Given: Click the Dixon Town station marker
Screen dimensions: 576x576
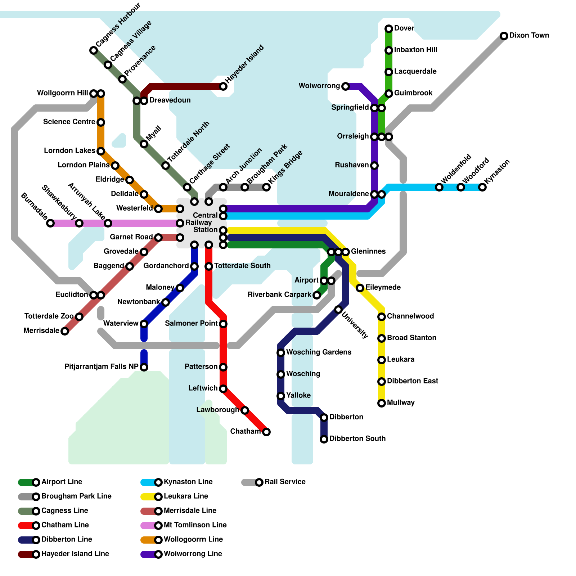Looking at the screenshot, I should [x=504, y=36].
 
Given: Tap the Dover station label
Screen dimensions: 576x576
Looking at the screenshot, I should [x=404, y=28].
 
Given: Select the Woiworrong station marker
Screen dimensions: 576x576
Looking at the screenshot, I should [x=346, y=86].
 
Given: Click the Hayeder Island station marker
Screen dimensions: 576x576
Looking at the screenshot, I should [x=223, y=86].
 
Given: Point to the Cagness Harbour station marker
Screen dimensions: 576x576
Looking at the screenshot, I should [x=94, y=50].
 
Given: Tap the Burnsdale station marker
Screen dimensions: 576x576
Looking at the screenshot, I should [x=50, y=223].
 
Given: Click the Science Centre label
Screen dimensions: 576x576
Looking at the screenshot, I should [x=69, y=122].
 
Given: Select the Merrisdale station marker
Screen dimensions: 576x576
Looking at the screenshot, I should [x=65, y=331].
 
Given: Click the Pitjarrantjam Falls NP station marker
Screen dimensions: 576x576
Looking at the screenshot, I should [x=144, y=367].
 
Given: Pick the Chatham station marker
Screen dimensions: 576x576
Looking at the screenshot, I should [x=266, y=432].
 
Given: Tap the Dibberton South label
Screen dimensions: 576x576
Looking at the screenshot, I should [x=357, y=439].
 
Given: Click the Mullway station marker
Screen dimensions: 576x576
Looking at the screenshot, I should [x=382, y=403].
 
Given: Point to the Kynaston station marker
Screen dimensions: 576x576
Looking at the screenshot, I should [x=482, y=187].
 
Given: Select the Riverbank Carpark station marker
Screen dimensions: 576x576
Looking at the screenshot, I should [x=317, y=295].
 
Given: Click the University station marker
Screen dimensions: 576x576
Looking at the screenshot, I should [x=338, y=310].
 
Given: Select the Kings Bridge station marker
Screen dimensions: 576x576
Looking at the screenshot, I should [x=266, y=187].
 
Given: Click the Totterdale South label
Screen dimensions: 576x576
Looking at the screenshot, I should [x=242, y=266].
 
